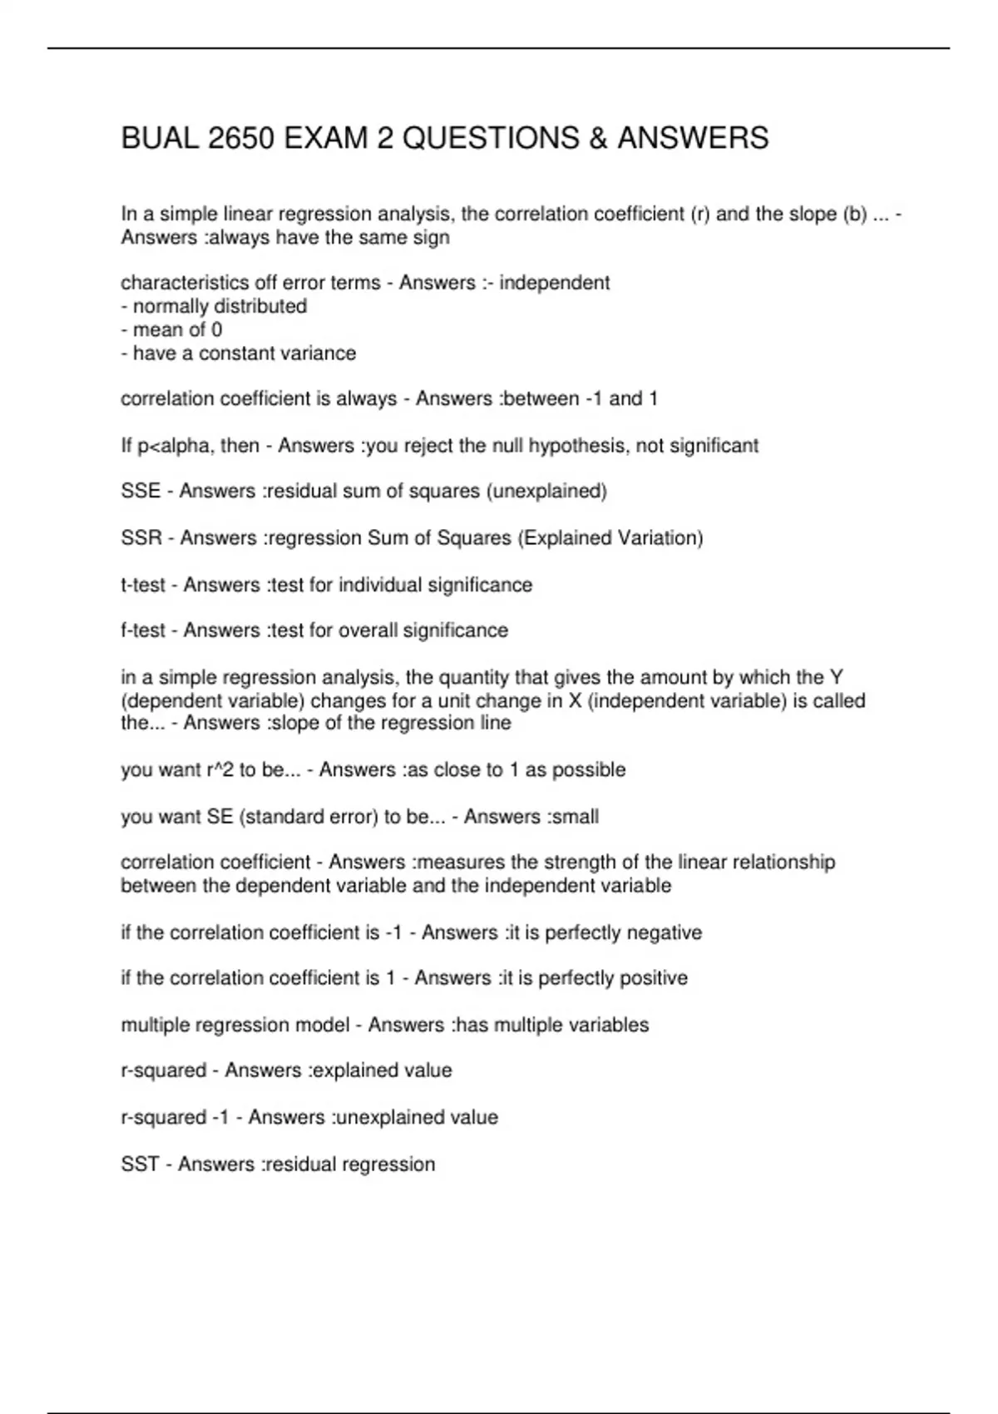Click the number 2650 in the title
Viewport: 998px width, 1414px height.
240,138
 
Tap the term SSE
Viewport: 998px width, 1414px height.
141,492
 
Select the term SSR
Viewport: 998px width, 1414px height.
141,538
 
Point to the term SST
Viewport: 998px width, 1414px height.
140,1164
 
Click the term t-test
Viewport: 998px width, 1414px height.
143,585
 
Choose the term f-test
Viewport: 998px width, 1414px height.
143,630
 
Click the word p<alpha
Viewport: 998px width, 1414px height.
173,446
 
